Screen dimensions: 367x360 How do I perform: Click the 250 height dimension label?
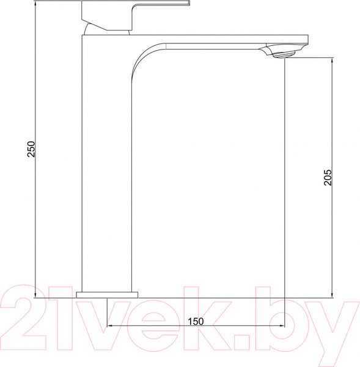[32, 149]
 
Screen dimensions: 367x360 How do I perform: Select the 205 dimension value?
[328, 177]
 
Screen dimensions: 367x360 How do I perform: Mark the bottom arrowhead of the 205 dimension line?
[332, 294]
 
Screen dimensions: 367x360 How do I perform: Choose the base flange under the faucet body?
[107, 294]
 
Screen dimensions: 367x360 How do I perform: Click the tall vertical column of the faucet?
[107, 183]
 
